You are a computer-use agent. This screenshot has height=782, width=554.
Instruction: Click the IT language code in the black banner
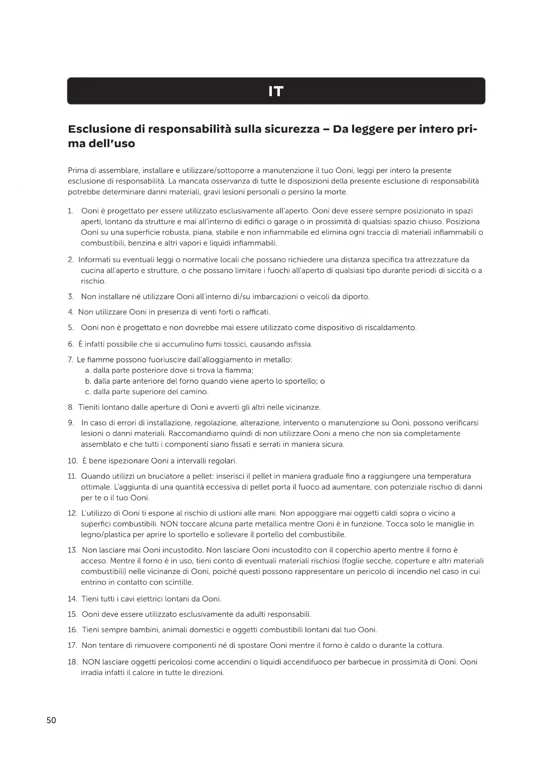pos(276,91)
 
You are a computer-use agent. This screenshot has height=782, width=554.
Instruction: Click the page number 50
pos(51,720)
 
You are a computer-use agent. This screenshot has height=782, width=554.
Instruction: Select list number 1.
pos(70,211)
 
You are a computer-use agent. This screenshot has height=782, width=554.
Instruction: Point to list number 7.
pos(70,360)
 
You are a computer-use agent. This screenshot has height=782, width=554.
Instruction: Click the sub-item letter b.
pos(87,381)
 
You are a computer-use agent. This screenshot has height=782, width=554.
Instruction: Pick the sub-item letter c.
pos(87,392)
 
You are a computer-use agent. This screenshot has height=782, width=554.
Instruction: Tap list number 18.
pos(72,662)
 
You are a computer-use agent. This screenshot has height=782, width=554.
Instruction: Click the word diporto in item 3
pos(355,297)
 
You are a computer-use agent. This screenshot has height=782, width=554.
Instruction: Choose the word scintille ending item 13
pos(179,582)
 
